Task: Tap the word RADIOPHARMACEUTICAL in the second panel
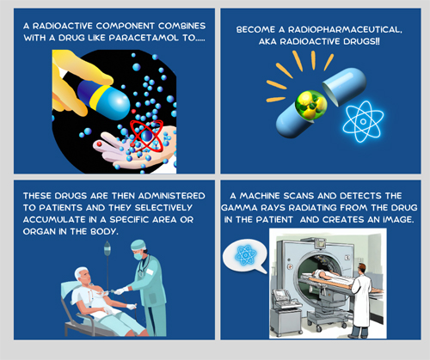tap(345, 30)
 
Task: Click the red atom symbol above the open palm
tap(146, 136)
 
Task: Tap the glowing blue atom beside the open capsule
tap(363, 121)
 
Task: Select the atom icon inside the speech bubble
tap(245, 255)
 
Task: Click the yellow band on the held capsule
tap(101, 97)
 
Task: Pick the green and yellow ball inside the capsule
tap(311, 104)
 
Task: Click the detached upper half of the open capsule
tap(344, 86)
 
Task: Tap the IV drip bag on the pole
tap(107, 248)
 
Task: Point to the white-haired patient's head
tap(83, 276)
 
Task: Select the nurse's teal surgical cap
tap(138, 245)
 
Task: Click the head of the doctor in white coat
tap(361, 269)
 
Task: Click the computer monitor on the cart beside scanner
tap(279, 294)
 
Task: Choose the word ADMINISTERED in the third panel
tap(171, 196)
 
